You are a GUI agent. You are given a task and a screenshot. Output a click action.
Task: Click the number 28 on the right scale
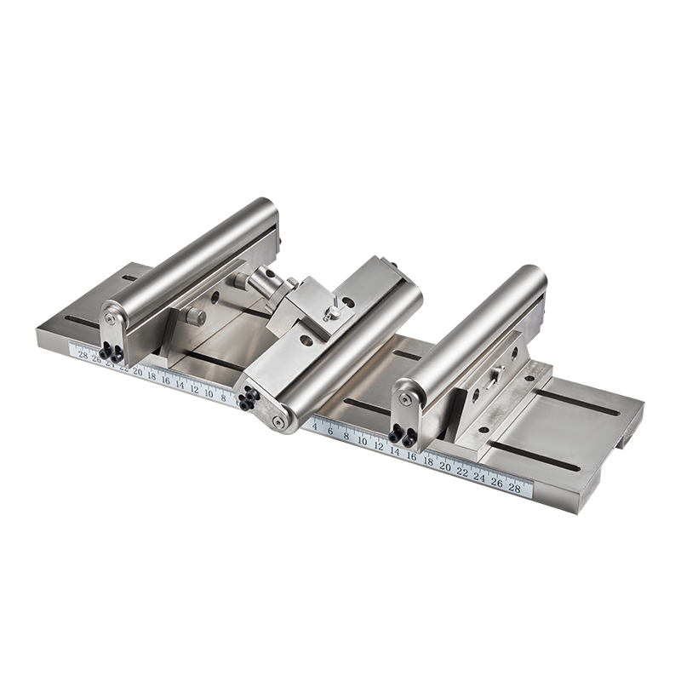click(514, 487)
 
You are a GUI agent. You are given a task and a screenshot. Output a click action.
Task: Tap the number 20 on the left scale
click(138, 371)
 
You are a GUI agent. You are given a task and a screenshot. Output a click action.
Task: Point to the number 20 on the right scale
click(444, 466)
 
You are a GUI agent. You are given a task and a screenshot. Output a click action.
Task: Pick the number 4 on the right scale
click(315, 424)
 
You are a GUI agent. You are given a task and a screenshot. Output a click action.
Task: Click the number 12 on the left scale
click(196, 388)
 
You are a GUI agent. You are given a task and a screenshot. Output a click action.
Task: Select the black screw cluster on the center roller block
click(247, 398)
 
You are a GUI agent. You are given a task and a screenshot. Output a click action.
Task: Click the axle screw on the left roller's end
click(110, 319)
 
